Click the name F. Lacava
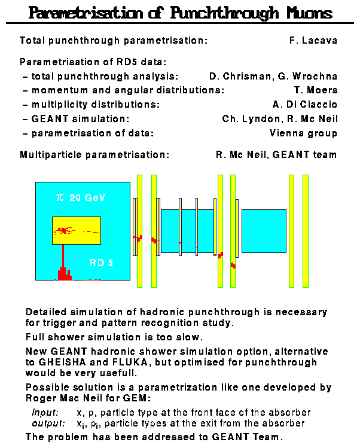[313, 41]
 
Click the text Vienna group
[303, 133]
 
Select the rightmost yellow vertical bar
[306, 230]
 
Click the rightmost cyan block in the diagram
[264, 231]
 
